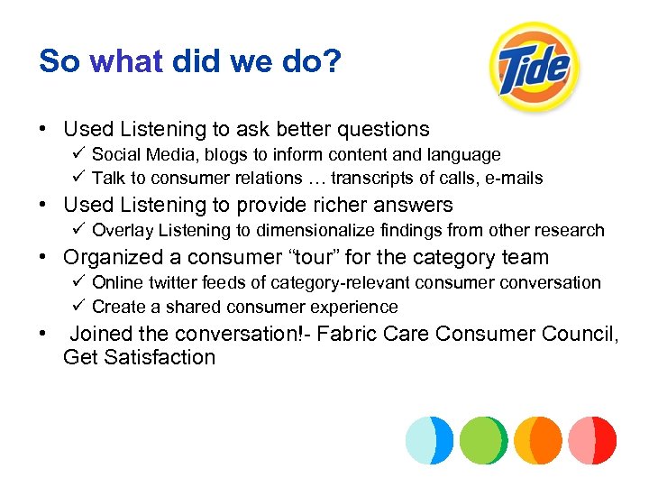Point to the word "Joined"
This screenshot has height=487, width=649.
103,334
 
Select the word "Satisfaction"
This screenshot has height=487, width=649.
159,357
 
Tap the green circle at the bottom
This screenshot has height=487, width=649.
483,440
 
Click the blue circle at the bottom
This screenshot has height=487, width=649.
429,440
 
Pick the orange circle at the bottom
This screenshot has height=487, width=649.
538,440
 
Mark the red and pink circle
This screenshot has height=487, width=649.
592,440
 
